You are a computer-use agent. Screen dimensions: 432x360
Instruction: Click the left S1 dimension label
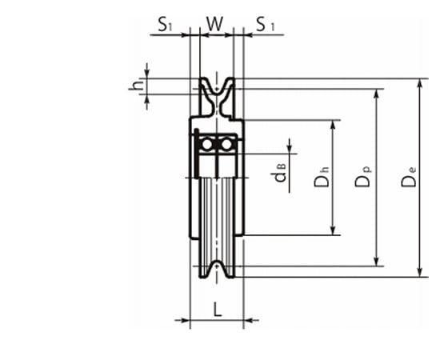pos(165,24)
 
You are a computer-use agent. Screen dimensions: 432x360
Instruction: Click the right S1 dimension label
pos(266,24)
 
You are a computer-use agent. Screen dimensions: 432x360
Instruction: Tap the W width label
pos(215,24)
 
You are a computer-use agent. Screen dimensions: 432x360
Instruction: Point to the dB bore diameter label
pos(280,173)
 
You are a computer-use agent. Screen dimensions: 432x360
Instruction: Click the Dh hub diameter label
pos(322,177)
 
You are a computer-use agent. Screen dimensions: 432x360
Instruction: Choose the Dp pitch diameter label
pos(362,177)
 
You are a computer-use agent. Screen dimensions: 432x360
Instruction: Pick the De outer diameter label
pos(409,177)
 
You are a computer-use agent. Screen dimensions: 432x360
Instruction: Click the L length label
pos(218,309)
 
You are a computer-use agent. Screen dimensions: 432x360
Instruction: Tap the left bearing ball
pos(206,144)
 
